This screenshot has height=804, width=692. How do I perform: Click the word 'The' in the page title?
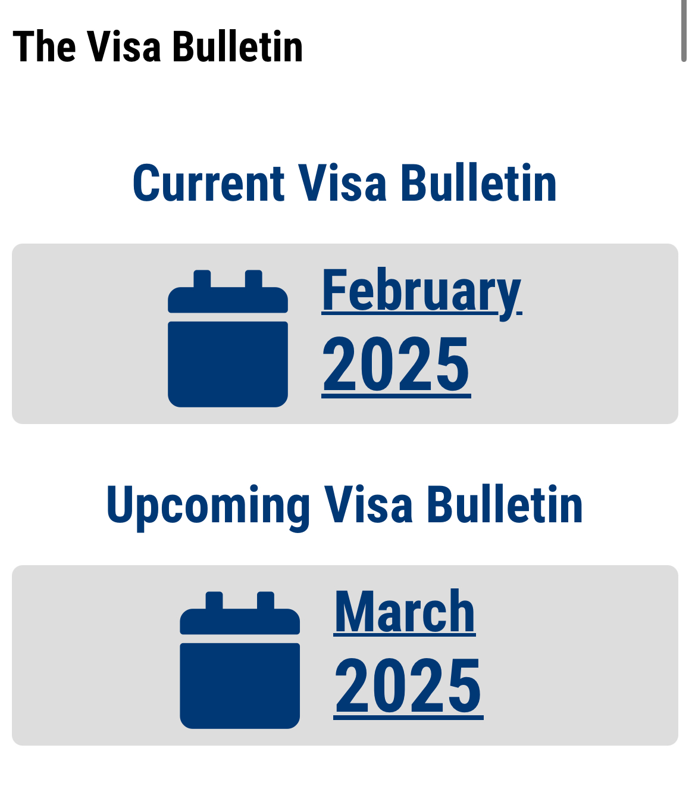[44, 46]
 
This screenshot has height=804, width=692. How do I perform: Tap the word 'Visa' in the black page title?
[124, 46]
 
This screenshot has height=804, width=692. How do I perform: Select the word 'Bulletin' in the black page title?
[237, 46]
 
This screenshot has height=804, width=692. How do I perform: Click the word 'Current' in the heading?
[209, 182]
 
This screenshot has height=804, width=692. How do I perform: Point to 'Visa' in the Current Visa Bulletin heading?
[342, 182]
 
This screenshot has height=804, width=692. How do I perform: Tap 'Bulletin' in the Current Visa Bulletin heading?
[478, 182]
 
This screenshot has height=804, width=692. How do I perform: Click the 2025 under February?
[396, 364]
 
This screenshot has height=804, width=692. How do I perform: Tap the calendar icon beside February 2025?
[228, 338]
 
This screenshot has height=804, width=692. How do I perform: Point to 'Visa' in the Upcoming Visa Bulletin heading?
[368, 504]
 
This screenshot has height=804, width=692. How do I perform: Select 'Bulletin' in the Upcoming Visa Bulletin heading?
[505, 504]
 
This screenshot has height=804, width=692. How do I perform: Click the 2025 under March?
[408, 686]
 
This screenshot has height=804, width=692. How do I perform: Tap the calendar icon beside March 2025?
[240, 660]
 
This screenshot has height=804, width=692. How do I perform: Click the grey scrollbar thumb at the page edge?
[684, 31]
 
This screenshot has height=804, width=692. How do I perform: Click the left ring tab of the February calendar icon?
[202, 279]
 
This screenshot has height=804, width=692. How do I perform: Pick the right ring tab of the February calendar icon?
[253, 279]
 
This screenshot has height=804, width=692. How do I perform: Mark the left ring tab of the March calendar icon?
[214, 600]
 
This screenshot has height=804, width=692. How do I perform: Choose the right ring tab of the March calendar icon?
[265, 600]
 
